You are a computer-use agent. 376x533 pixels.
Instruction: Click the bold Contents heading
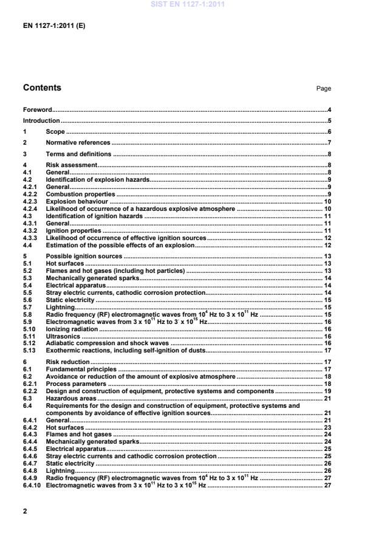click(x=42, y=88)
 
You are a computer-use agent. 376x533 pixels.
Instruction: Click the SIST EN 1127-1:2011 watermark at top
click(x=188, y=4)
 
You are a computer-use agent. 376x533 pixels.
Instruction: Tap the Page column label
click(x=323, y=89)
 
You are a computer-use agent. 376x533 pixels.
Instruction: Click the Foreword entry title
click(x=37, y=110)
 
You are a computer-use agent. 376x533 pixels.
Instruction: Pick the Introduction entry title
click(x=41, y=121)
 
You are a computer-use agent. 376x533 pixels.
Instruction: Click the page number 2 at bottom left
click(x=25, y=511)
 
